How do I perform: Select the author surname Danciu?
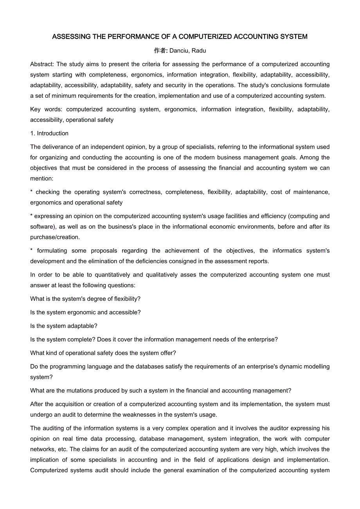178,50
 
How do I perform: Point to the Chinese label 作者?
160,50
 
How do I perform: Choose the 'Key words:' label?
47,109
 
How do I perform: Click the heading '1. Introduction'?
49,133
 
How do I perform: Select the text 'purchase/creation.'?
55,237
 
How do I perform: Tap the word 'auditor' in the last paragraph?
271,428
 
